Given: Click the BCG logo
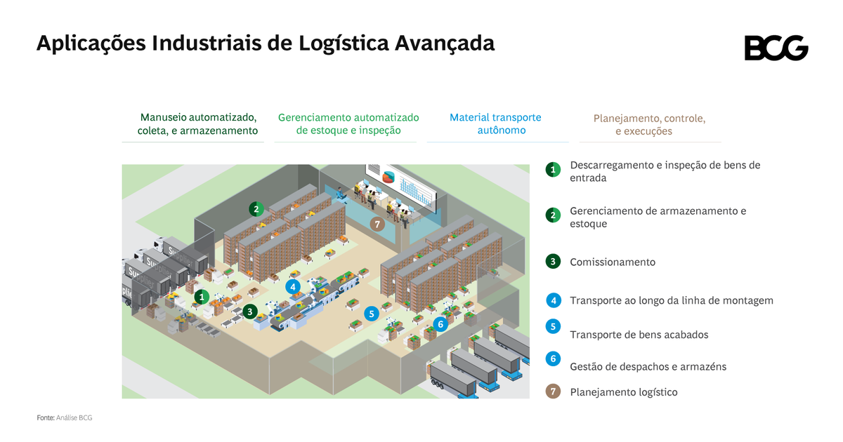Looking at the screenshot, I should tap(776, 48).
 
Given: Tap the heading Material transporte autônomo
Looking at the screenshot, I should tap(495, 123).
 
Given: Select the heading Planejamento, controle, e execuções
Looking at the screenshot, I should tap(648, 125).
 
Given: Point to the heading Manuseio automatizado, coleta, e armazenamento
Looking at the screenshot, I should tap(197, 123).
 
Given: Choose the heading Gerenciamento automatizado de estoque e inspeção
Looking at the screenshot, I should tap(348, 123).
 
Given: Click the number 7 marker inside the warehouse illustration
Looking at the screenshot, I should tap(377, 225).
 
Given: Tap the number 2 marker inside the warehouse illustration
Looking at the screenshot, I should tap(256, 208).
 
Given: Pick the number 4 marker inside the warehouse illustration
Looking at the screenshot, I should tap(293, 286).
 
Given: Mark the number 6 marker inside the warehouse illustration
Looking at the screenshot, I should tap(440, 323).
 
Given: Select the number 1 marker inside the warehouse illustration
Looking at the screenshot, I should tap(202, 297).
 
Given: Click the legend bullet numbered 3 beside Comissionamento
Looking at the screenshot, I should tap(553, 262).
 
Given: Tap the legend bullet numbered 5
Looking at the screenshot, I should tap(553, 326).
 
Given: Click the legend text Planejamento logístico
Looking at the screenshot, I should tap(624, 392).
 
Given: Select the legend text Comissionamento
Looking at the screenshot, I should tap(613, 262).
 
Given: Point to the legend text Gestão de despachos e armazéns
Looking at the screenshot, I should tap(648, 366).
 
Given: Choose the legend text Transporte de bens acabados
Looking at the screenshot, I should tap(639, 335).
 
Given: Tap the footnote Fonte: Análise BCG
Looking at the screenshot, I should tap(65, 418).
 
